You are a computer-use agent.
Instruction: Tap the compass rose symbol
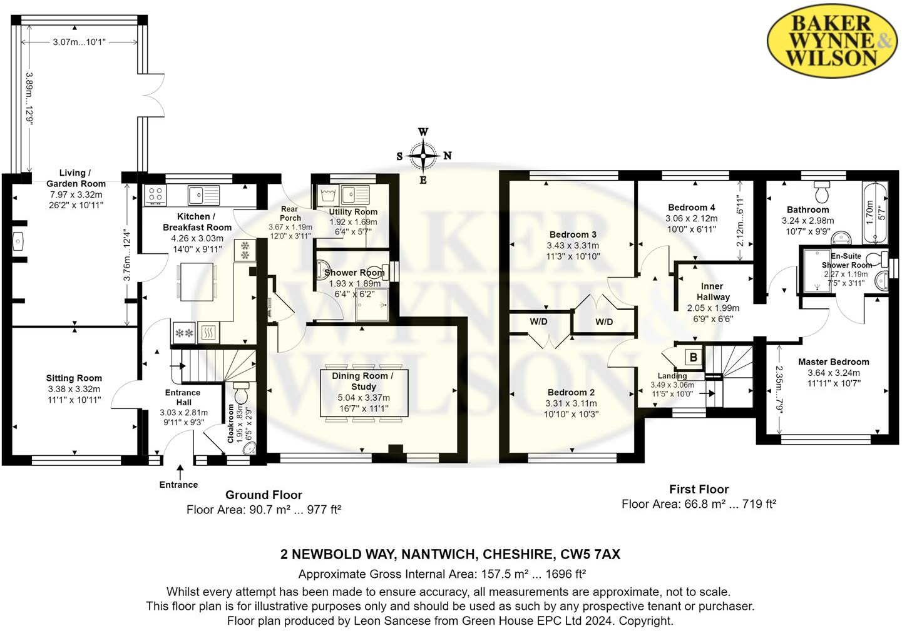click(423, 155)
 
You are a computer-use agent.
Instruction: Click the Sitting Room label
click(74, 378)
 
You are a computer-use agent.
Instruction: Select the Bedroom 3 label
click(573, 235)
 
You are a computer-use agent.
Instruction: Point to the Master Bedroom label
click(834, 362)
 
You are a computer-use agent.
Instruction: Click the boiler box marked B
click(694, 357)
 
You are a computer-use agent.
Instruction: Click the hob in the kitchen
click(155, 195)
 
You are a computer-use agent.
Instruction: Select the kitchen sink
click(204, 195)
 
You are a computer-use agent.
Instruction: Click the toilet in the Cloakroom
click(241, 392)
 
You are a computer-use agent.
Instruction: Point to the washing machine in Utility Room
click(329, 194)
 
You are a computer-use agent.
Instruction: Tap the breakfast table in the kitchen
click(197, 281)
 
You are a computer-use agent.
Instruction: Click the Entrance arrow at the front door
click(180, 472)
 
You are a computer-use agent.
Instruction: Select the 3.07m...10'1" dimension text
click(79, 42)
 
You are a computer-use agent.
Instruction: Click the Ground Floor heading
click(264, 495)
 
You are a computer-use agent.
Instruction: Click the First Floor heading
click(699, 489)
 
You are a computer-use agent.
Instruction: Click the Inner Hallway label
click(712, 292)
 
